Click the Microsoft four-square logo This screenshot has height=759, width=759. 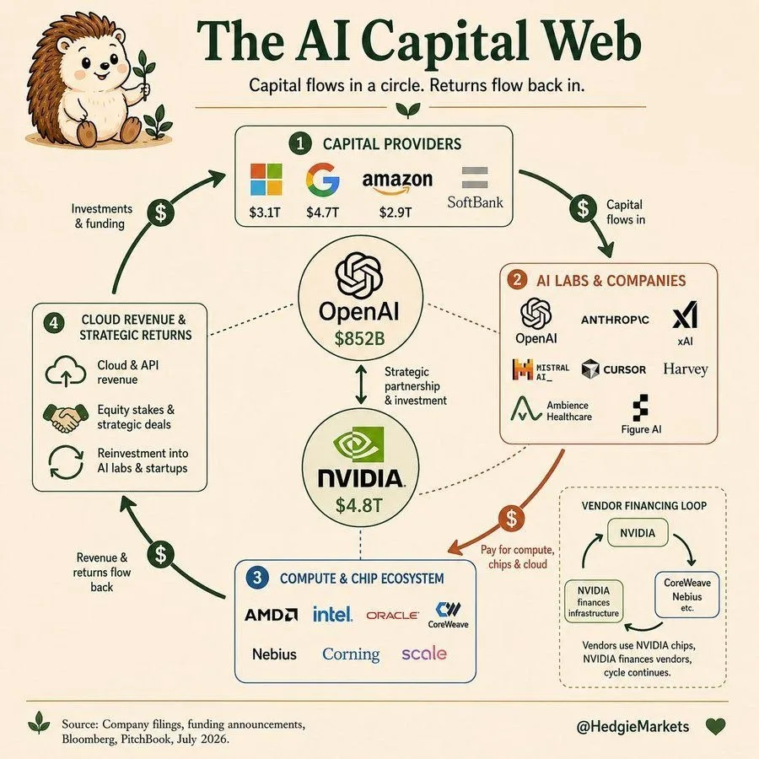pos(266,179)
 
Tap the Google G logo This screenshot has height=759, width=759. pos(322,179)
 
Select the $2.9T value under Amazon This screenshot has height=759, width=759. pos(396,212)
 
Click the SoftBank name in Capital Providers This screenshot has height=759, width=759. pos(475,202)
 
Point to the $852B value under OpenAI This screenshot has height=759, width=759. pos(359,338)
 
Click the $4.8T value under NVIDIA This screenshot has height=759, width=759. pos(359,505)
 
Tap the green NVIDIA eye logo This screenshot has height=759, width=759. pos(358,444)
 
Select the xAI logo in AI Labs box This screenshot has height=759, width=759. pos(685,315)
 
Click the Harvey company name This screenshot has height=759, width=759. pos(686,369)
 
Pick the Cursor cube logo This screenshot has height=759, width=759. pos(590,369)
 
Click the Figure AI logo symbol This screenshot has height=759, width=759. pos(640,407)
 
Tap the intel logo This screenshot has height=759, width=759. pos(332,614)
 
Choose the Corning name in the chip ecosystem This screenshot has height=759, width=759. pos(351,654)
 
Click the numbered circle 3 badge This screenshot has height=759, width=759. pos(257,577)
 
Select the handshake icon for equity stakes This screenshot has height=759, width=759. pos(66,417)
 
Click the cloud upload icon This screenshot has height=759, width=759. pos(66,371)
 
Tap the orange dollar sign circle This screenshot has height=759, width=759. pos(512,518)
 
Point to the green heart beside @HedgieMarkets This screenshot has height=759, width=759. pos(715,726)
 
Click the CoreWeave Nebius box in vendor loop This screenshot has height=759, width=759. pos(686,595)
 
